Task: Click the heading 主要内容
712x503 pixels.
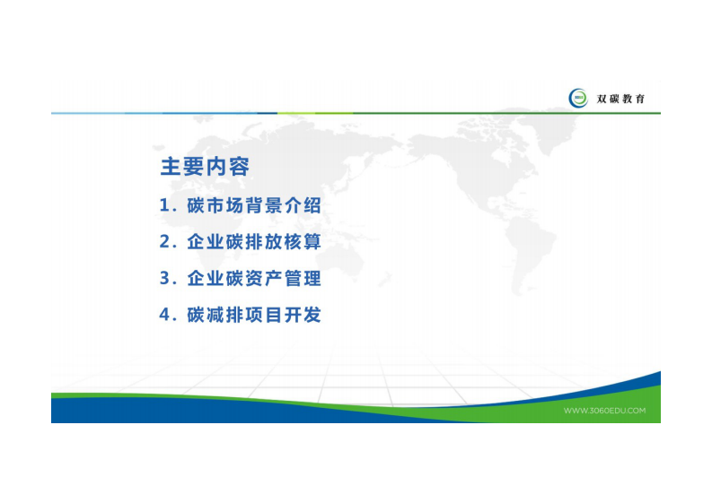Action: coord(205,168)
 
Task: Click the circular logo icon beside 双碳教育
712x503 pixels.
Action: coord(578,99)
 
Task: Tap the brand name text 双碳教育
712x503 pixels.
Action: coord(620,99)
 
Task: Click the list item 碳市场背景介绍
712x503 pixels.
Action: coord(253,205)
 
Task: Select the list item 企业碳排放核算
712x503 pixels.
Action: coord(253,242)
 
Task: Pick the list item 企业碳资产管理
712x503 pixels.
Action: coord(253,279)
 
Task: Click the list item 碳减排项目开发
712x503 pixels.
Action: coord(253,316)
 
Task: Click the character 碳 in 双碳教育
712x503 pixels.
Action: coord(614,99)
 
